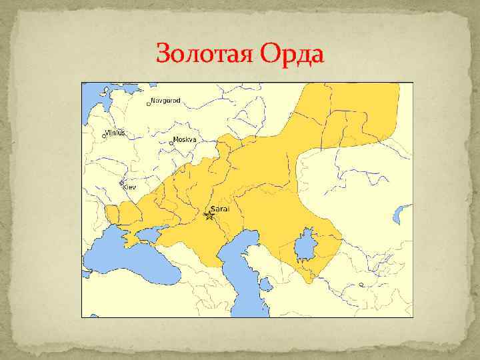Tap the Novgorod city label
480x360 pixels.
pyautogui.click(x=166, y=101)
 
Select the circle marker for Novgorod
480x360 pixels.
pyautogui.click(x=149, y=103)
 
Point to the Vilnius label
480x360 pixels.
pyautogui.click(x=115, y=133)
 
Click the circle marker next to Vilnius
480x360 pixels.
pyautogui.click(x=103, y=136)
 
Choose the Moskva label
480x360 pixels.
pyautogui.click(x=185, y=140)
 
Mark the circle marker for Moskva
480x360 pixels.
pyautogui.click(x=171, y=143)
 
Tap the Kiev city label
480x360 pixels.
pyautogui.click(x=129, y=187)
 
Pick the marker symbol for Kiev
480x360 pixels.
pyautogui.click(x=122, y=183)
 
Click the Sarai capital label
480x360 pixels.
pyautogui.click(x=220, y=208)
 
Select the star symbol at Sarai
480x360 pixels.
pyautogui.click(x=209, y=215)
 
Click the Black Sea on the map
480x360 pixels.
pyautogui.click(x=133, y=257)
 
